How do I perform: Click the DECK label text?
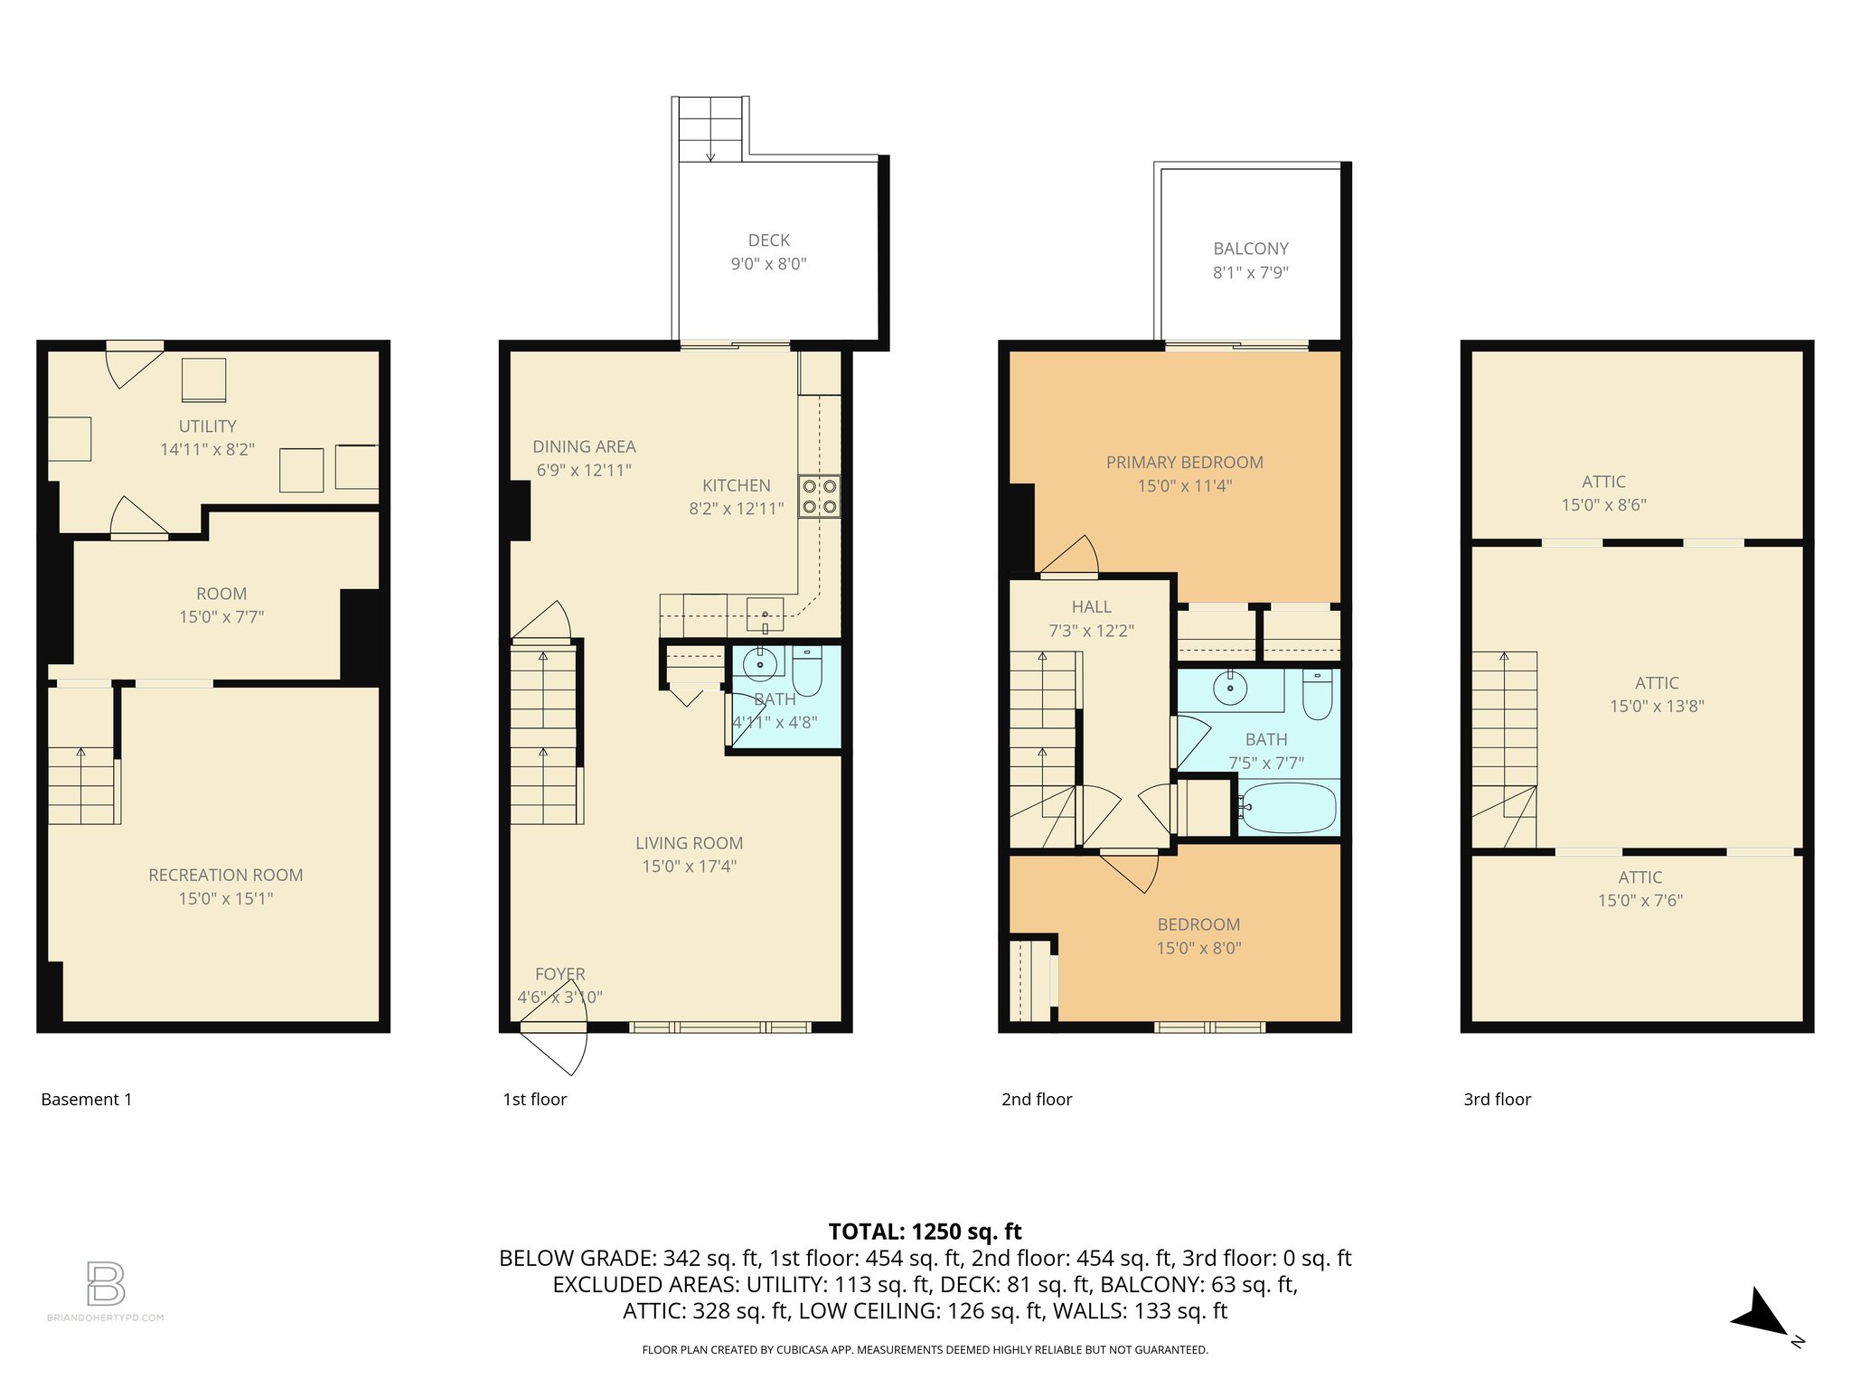point(768,240)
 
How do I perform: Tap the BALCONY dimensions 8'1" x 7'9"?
point(1250,272)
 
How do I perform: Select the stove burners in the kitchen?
point(819,496)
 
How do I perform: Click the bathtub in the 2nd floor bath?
point(1288,807)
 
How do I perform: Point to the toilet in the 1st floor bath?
point(806,671)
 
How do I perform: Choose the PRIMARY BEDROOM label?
point(1184,462)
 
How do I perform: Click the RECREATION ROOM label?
point(225,875)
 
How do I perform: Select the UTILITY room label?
point(207,426)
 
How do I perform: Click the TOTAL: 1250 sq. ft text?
point(925,1232)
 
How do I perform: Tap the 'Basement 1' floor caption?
point(87,1099)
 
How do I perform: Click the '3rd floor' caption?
point(1497,1099)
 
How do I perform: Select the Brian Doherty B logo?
point(106,1283)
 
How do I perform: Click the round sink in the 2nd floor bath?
point(1230,689)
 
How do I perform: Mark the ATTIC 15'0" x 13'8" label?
point(1656,694)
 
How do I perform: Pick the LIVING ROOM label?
point(689,843)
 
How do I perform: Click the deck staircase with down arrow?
point(710,129)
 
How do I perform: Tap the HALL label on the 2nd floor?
point(1091,607)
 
